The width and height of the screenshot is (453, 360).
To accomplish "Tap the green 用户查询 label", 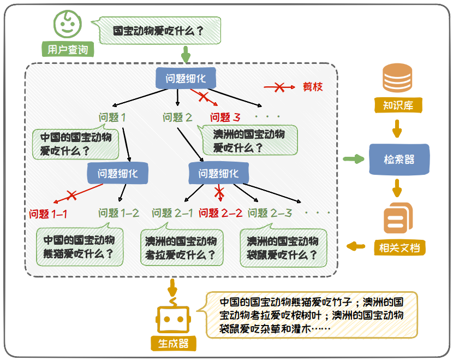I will (68, 50).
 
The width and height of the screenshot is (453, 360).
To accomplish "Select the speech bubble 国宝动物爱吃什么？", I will (159, 31).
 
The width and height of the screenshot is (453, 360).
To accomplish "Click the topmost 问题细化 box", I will (186, 78).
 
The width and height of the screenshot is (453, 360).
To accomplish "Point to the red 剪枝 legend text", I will (313, 87).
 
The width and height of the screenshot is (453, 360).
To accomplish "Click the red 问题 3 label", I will (225, 117).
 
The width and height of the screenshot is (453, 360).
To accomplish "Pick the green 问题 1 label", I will (113, 117).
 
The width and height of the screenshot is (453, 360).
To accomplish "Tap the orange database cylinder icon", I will (397, 78).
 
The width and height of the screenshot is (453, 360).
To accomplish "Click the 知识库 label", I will (397, 105).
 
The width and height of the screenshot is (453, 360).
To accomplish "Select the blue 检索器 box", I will (399, 160).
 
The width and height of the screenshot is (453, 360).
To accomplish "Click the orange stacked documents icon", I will (398, 219).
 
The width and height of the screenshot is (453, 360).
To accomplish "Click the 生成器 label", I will (173, 344).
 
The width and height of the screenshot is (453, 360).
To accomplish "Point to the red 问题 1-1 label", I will (49, 214).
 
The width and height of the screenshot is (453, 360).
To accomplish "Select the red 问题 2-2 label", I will (220, 214).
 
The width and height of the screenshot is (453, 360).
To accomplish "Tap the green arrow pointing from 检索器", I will (354, 159).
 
